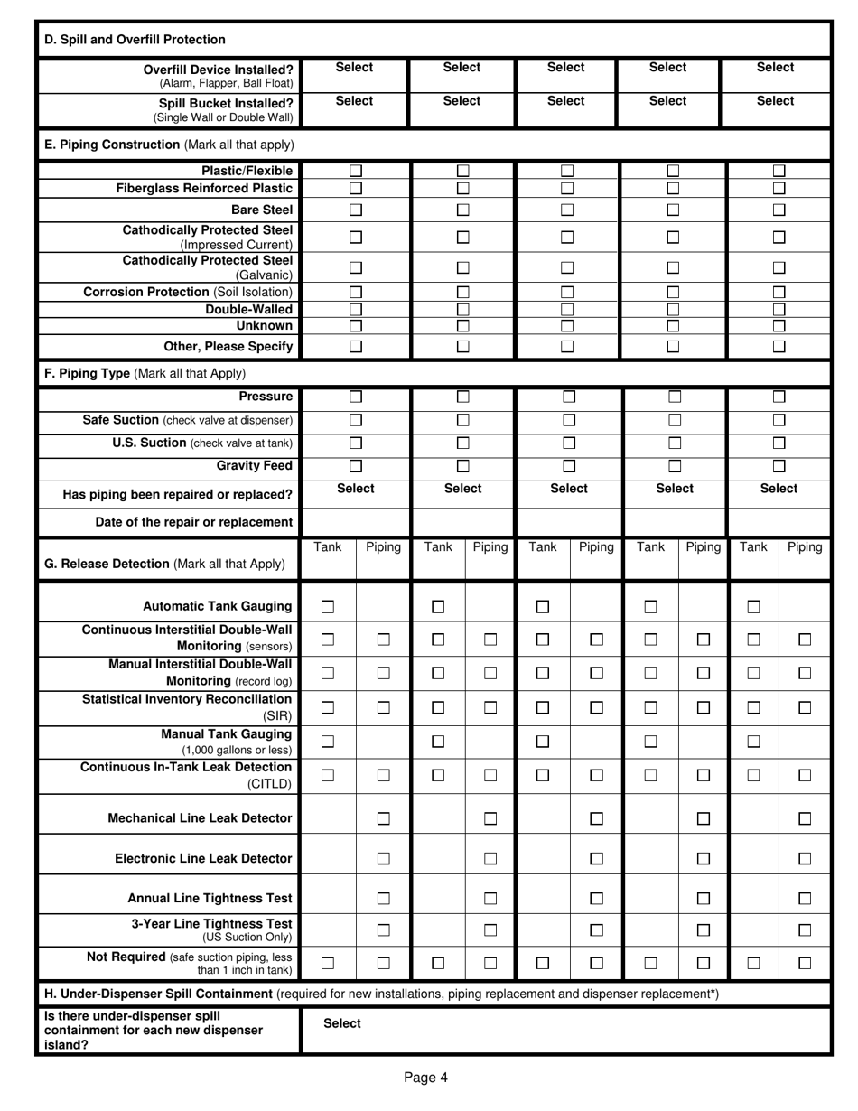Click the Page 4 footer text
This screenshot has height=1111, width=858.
pos(425,1076)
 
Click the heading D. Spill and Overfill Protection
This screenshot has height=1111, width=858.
pos(135,40)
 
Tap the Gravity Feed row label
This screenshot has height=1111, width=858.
pos(255,465)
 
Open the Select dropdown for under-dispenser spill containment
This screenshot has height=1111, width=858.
pos(342,1023)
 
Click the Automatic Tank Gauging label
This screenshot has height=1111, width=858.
pos(218,606)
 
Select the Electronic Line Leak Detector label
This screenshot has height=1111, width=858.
pos(203,858)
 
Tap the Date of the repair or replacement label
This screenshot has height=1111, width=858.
pos(194,522)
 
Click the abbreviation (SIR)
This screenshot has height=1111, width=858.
pos(277,714)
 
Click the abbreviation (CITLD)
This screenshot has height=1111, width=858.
pos(270,783)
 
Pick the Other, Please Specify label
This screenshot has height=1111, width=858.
pos(228,346)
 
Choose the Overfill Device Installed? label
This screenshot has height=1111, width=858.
pos(219,70)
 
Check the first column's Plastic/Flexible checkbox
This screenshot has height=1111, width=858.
pos(356,171)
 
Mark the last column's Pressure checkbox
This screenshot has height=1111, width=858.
pos(779,397)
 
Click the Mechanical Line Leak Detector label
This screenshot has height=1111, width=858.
pos(200,818)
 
